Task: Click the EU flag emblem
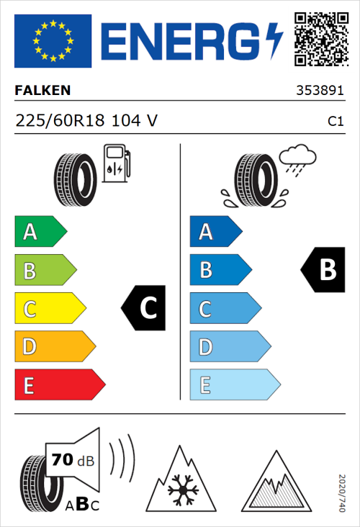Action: (x=53, y=41)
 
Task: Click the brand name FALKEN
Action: (x=42, y=92)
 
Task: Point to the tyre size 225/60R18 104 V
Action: (x=86, y=122)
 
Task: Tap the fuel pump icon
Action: (x=116, y=163)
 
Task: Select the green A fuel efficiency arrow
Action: (x=40, y=232)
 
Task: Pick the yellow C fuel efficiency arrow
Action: (x=49, y=309)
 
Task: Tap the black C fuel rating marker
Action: (x=145, y=309)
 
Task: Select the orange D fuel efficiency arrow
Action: (x=54, y=347)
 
